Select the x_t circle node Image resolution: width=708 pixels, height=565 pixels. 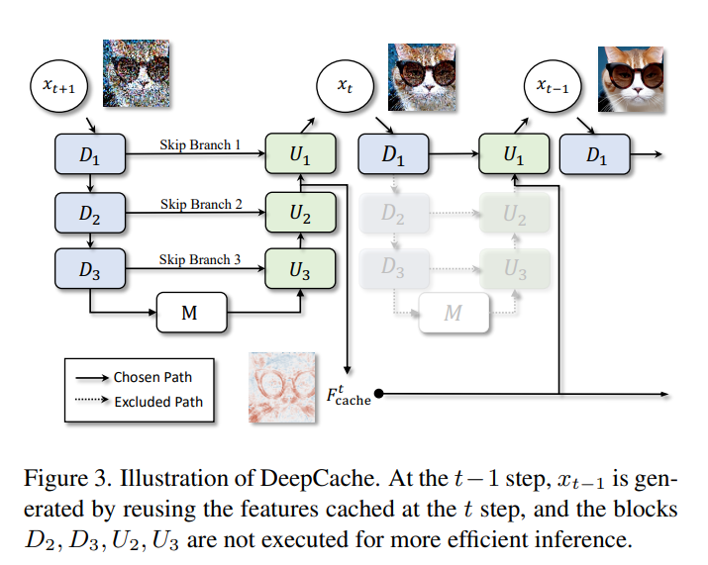point(343,87)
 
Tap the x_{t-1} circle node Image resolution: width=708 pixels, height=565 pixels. point(553,87)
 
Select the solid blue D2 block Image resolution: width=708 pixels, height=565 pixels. point(89,211)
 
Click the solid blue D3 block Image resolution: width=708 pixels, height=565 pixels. point(89,266)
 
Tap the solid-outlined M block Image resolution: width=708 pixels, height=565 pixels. point(191,314)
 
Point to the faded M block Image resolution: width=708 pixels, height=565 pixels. point(453,314)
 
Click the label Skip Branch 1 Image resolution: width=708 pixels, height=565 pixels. point(201,144)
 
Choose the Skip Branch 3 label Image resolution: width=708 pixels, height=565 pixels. point(201,259)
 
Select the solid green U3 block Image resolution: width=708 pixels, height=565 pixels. point(301,266)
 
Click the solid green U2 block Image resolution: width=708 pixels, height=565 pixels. point(301,211)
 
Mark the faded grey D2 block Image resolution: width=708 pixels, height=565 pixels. point(394,211)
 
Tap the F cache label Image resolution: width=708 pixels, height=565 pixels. point(348,396)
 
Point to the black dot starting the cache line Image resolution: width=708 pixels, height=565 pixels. point(378,394)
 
